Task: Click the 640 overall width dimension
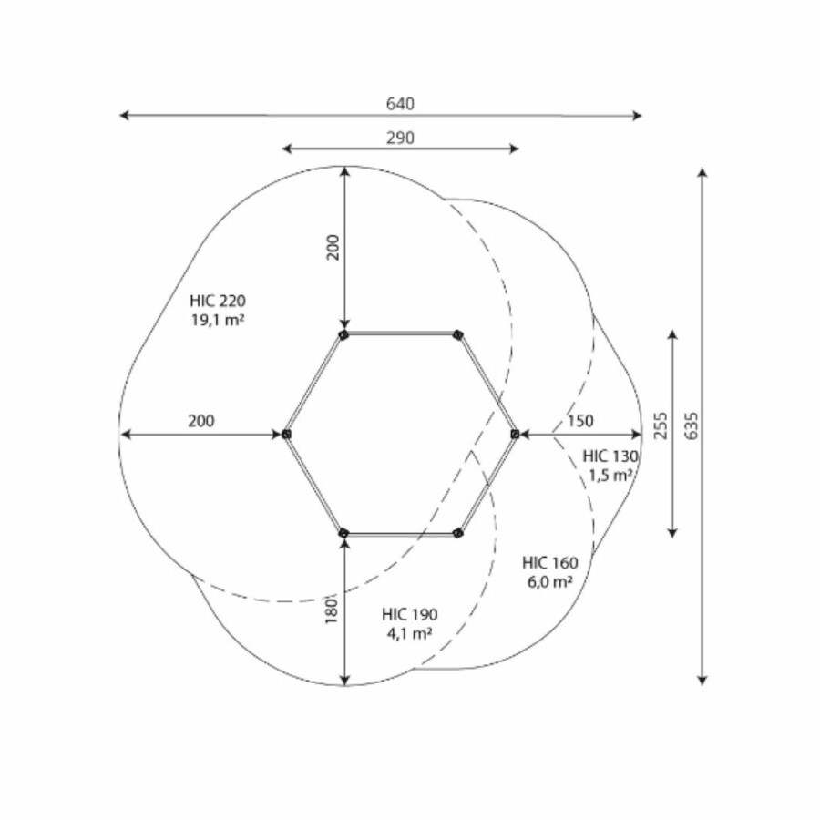400,104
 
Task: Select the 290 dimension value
400,138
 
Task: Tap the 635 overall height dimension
692,425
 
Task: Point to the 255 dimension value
661,425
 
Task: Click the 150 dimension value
580,421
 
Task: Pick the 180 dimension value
332,610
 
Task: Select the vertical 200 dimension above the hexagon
333,247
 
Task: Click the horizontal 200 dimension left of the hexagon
201,421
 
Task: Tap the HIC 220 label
218,302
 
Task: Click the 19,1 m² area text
218,320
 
